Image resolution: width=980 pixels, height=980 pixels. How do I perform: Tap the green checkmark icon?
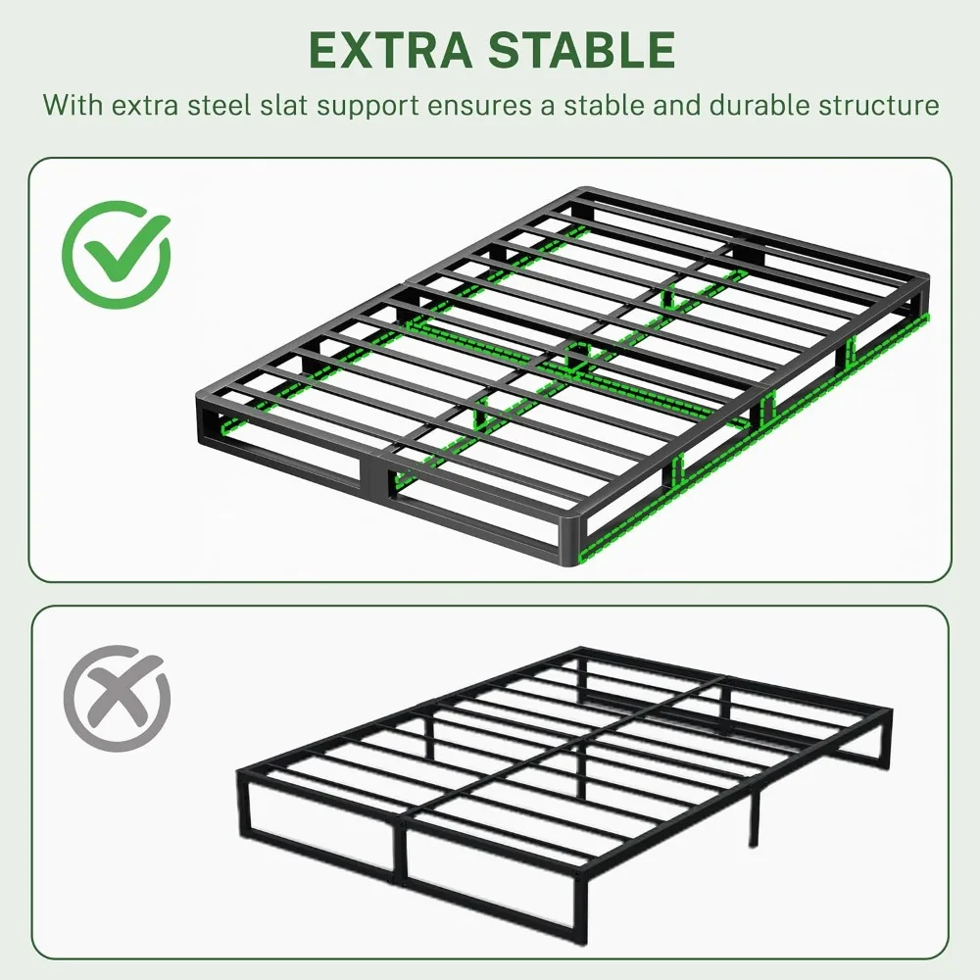pos(117,255)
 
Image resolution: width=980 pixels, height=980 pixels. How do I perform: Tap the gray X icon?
pos(117,698)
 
